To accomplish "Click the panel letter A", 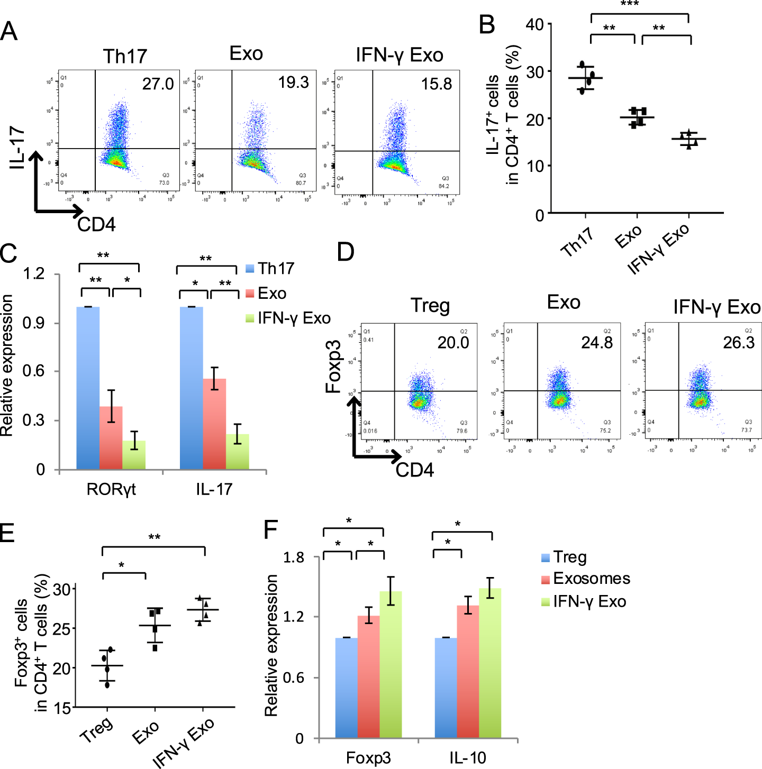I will (x=9, y=31).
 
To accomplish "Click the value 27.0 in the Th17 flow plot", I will (x=158, y=84).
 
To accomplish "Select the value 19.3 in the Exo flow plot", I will (x=293, y=83).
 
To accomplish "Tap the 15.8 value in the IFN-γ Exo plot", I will (x=436, y=84).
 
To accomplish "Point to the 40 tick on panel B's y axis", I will (x=534, y=25).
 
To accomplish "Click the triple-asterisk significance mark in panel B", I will (x=630, y=5).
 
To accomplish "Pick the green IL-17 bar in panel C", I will (x=238, y=452).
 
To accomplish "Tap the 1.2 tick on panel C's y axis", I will (x=34, y=274).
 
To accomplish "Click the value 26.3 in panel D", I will (x=738, y=343).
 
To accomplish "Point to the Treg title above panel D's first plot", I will (x=430, y=306).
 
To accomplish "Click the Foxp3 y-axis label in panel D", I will (x=333, y=367).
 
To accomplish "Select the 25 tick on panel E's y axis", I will (x=62, y=629).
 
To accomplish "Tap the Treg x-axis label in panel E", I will (x=96, y=730).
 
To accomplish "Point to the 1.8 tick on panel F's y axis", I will (x=294, y=557).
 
